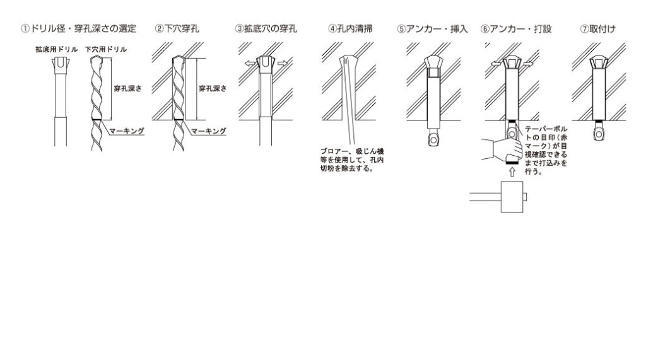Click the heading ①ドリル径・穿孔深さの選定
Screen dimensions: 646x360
pyautogui.click(x=79, y=29)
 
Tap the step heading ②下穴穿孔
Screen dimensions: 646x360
pyautogui.click(x=177, y=29)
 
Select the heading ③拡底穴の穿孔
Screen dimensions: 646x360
pyautogui.click(x=266, y=29)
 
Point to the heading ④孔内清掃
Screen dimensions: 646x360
pyautogui.click(x=351, y=29)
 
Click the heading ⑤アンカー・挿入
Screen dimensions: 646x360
pyautogui.click(x=432, y=29)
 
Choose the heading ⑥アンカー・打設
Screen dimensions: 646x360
pyautogui.click(x=516, y=29)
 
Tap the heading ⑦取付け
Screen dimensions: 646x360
pyautogui.click(x=598, y=29)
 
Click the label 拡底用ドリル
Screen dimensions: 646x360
pyautogui.click(x=56, y=49)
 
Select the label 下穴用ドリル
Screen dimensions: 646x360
pyautogui.click(x=106, y=49)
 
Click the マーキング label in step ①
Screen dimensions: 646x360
pyautogui.click(x=126, y=131)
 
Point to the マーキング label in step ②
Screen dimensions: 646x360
pyautogui.click(x=208, y=131)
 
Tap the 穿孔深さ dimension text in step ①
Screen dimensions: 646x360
pyautogui.click(x=127, y=88)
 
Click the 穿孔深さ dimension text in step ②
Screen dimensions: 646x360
pyautogui.click(x=213, y=88)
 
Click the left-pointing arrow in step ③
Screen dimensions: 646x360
pyautogui.click(x=250, y=64)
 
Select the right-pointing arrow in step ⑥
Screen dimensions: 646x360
pyautogui.click(x=529, y=64)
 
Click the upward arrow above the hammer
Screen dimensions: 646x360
pyautogui.click(x=512, y=172)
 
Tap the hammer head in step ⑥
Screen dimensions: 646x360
pyautogui.click(x=512, y=197)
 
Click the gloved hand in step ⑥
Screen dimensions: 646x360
pyautogui.click(x=502, y=150)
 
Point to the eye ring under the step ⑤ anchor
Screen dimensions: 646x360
pyautogui.click(x=433, y=139)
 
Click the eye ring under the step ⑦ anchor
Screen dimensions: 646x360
pyautogui.click(x=599, y=132)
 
